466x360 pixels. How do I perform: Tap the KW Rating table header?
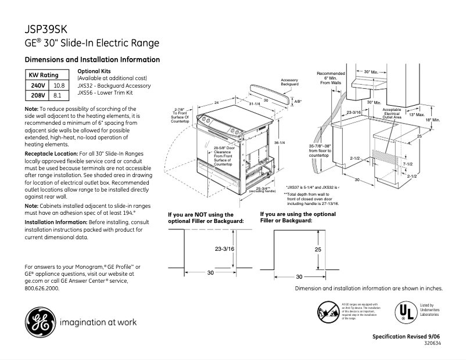click(x=44, y=75)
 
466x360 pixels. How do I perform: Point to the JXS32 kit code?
click(x=86, y=85)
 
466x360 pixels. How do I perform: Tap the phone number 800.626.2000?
click(x=42, y=288)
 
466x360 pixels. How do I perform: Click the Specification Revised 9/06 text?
click(x=407, y=337)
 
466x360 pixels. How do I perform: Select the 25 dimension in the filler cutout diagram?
click(x=318, y=249)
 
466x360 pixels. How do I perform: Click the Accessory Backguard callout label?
click(x=289, y=82)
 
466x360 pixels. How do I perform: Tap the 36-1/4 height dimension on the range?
click(x=279, y=143)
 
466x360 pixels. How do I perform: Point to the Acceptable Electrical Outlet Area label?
click(x=392, y=113)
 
